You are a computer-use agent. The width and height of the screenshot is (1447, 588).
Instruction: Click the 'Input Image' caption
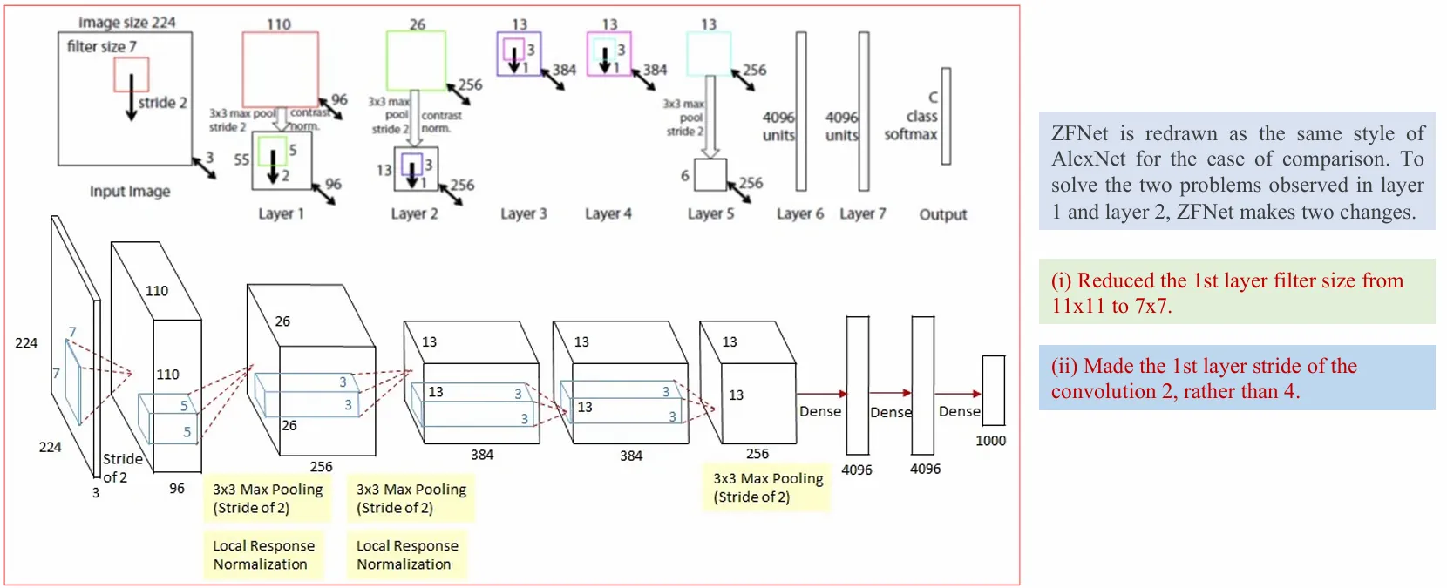click(x=130, y=191)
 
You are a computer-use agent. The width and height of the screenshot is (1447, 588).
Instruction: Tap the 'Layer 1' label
click(x=281, y=213)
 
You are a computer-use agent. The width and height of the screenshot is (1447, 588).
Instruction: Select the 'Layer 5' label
click(x=710, y=213)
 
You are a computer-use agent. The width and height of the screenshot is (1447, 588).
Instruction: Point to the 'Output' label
click(x=943, y=214)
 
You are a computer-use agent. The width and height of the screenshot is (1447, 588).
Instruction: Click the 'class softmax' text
click(x=911, y=125)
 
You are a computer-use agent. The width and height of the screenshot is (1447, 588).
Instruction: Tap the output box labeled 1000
click(x=993, y=389)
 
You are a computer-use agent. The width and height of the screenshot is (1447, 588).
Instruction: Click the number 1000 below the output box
click(x=990, y=441)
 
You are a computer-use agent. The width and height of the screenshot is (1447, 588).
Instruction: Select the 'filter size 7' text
click(x=102, y=46)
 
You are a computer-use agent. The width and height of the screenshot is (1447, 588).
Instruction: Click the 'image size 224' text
click(x=127, y=23)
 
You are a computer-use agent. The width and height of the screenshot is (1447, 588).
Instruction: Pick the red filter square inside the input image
click(x=131, y=75)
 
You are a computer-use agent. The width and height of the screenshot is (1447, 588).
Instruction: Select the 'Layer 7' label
click(x=862, y=213)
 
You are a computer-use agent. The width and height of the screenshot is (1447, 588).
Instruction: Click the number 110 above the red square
click(x=279, y=24)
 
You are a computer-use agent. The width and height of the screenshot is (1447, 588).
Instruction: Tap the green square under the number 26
click(x=416, y=60)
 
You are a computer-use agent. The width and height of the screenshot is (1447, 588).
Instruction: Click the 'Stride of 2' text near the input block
click(x=121, y=468)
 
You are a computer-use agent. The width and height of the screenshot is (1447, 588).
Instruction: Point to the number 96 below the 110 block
click(x=177, y=489)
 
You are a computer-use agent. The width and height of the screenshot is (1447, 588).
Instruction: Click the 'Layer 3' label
click(x=523, y=213)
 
